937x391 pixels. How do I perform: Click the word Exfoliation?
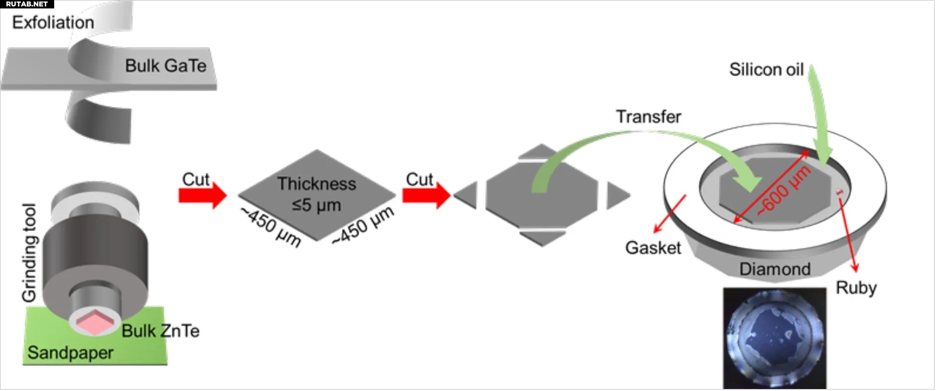(x=53, y=22)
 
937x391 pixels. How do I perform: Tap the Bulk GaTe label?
(x=166, y=66)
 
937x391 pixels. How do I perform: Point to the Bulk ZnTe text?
(x=161, y=331)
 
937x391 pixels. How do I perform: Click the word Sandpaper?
(x=70, y=353)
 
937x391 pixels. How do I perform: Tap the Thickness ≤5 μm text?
(x=317, y=194)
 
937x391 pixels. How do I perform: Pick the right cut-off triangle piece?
(x=616, y=195)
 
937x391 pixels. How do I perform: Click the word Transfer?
(x=649, y=117)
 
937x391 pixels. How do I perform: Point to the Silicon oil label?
(x=766, y=70)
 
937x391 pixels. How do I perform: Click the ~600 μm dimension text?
(x=784, y=191)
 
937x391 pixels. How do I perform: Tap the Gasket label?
(x=653, y=247)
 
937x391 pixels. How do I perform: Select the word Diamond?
(x=774, y=269)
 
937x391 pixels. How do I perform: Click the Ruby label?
(x=856, y=288)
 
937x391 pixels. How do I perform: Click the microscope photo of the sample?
(x=774, y=338)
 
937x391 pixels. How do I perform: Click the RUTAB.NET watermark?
(x=27, y=4)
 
